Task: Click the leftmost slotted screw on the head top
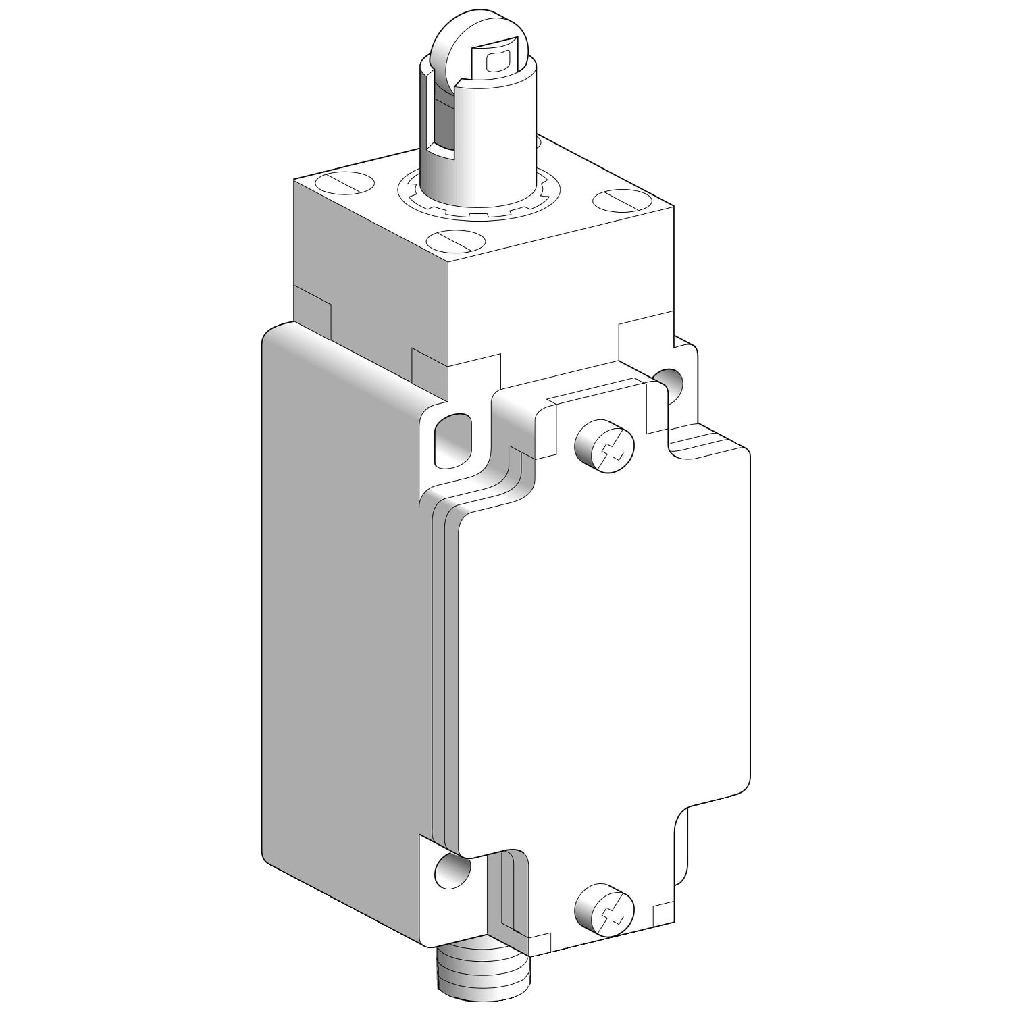point(344,184)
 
